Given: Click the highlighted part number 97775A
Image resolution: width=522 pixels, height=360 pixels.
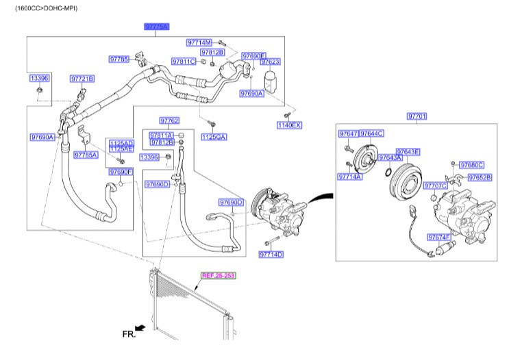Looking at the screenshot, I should [x=156, y=26].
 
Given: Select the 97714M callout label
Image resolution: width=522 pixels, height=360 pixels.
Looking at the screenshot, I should [x=199, y=42].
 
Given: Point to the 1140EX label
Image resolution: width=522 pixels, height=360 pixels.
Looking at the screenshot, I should [x=289, y=125].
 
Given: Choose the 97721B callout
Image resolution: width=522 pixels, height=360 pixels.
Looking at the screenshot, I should [x=82, y=79].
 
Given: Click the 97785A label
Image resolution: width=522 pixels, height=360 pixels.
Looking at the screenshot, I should [x=86, y=155].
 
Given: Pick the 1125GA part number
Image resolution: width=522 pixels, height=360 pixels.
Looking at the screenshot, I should [x=213, y=137].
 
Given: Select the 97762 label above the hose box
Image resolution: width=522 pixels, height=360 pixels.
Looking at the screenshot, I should [x=169, y=120].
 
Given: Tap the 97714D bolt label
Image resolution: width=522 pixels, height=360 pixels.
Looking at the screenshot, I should [x=271, y=255].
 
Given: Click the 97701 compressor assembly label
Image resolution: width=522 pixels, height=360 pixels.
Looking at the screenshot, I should [x=417, y=116].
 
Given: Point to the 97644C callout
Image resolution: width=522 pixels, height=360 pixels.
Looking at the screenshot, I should [x=371, y=133].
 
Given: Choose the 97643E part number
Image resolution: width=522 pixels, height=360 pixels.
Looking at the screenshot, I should [x=408, y=151].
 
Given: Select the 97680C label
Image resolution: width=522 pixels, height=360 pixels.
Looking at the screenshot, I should [x=471, y=164].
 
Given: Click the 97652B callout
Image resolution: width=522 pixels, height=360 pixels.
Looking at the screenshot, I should [x=480, y=177].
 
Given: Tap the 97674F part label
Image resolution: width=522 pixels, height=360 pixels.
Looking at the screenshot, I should [x=439, y=237].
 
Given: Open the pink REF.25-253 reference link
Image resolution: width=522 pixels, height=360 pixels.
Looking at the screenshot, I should [x=218, y=276].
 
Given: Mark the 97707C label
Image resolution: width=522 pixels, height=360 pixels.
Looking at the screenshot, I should [x=435, y=185].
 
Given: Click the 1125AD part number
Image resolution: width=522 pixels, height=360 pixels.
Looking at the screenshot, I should [x=121, y=143].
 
